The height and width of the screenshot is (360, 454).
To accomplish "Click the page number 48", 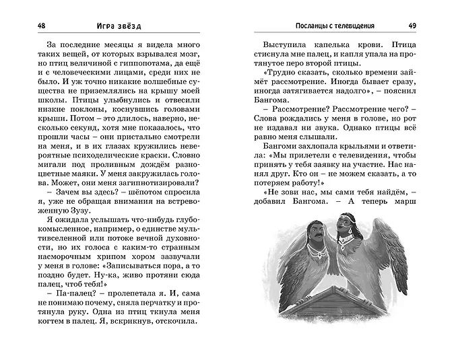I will (24, 26).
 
